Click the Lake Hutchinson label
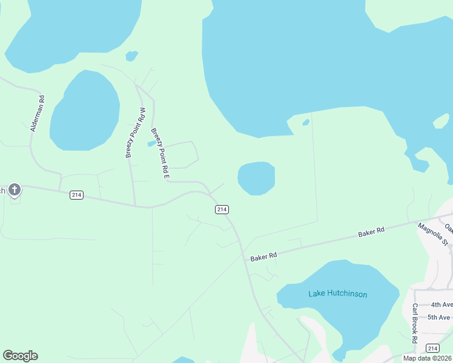pyautogui.click(x=337, y=294)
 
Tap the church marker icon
pyautogui.click(x=15, y=189)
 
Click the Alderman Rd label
pyautogui.click(x=37, y=114)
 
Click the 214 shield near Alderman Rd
pyautogui.click(x=76, y=195)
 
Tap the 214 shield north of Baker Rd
pyautogui.click(x=222, y=209)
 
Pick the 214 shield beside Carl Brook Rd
pyautogui.click(x=432, y=348)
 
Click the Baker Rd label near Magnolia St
pyautogui.click(x=371, y=232)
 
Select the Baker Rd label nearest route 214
pyautogui.click(x=263, y=256)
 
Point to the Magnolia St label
pyautogui.click(x=432, y=234)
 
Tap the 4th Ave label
pyautogui.click(x=441, y=305)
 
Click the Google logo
pyautogui.click(x=20, y=356)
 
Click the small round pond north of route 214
pyautogui.click(x=256, y=178)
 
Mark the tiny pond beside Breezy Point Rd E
pyautogui.click(x=151, y=144)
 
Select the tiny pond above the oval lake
pyautogui.click(x=131, y=56)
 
